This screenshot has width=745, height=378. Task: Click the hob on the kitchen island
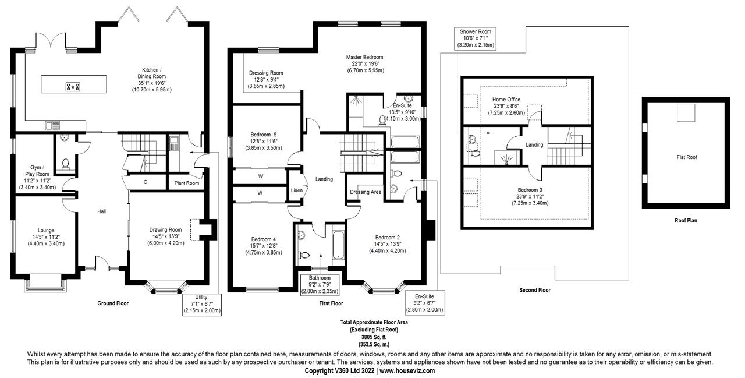[73, 87]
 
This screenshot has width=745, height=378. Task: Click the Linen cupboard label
[297, 190]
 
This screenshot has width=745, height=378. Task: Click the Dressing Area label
[366, 192]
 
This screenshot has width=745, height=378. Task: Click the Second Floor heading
[535, 289]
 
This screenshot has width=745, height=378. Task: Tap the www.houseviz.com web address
[407, 370]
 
